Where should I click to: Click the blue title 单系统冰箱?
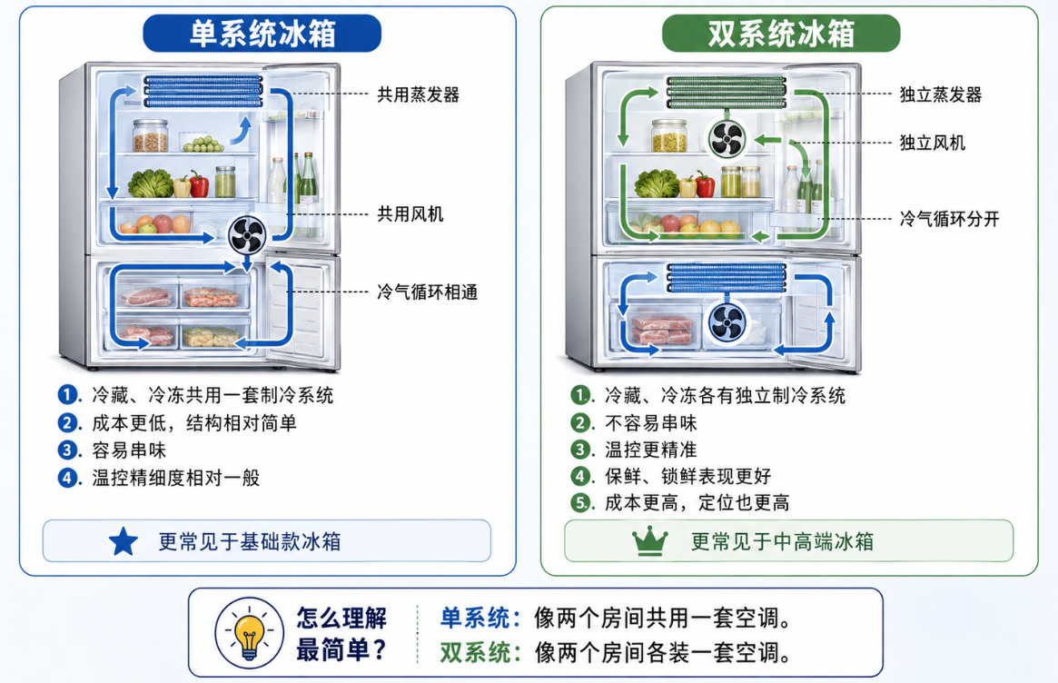[262, 34]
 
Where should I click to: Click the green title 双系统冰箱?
[781, 34]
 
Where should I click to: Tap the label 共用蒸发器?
[418, 94]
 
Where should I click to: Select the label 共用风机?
[410, 214]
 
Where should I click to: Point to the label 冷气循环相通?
[427, 292]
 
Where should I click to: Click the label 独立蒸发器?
[940, 94]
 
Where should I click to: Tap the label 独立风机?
[932, 143]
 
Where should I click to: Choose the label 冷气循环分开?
[949, 219]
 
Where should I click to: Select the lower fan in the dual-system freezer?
[727, 322]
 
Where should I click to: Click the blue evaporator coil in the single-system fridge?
[203, 91]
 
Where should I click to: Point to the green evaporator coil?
[727, 92]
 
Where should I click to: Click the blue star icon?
[124, 541]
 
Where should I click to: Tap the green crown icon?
[649, 541]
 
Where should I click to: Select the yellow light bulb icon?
[249, 635]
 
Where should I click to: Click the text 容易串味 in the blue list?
[129, 450]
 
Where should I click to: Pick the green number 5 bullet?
[581, 502]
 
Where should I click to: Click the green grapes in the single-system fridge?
[203, 144]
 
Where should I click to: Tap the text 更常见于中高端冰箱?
[782, 541]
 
